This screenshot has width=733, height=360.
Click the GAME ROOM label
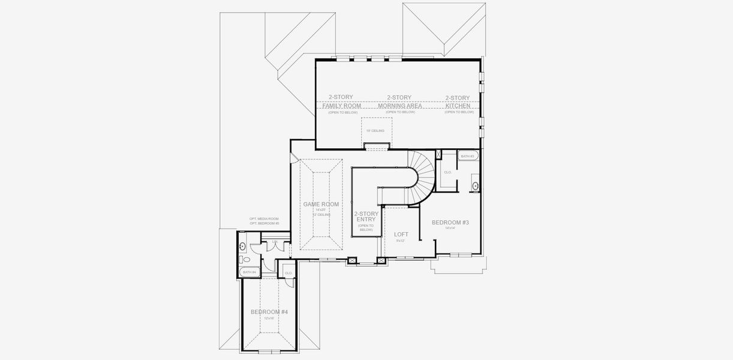pyautogui.click(x=321, y=205)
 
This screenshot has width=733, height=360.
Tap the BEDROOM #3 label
pyautogui.click(x=450, y=223)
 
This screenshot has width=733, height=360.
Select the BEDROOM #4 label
pyautogui.click(x=269, y=312)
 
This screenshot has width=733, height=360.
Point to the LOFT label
pyautogui.click(x=401, y=235)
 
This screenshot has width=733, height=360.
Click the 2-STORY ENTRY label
pyautogui.click(x=365, y=217)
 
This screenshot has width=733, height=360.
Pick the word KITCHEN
pyautogui.click(x=458, y=106)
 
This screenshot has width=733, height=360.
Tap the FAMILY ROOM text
pyautogui.click(x=342, y=106)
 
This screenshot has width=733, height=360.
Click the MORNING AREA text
pyautogui.click(x=399, y=106)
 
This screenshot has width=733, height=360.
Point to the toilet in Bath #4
pyautogui.click(x=244, y=260)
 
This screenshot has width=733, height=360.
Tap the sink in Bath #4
pyautogui.click(x=243, y=245)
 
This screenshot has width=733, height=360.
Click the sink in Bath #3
pyautogui.click(x=475, y=185)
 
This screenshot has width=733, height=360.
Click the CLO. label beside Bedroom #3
pyautogui.click(x=447, y=172)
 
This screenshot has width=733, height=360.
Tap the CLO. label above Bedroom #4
pyautogui.click(x=289, y=273)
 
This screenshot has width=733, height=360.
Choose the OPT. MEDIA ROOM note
pyautogui.click(x=265, y=219)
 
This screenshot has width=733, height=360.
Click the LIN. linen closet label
pyautogui.click(x=275, y=242)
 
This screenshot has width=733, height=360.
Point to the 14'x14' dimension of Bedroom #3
pyautogui.click(x=450, y=229)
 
